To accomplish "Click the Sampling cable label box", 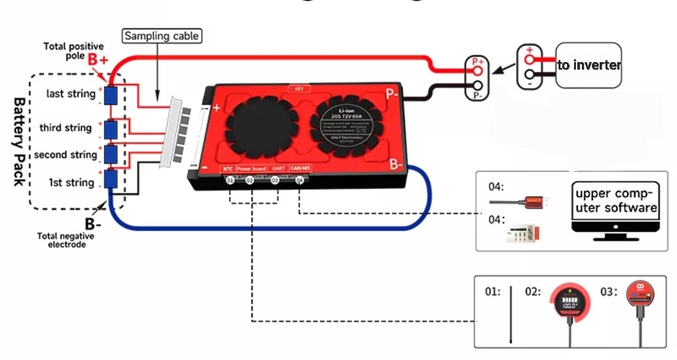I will [162, 36].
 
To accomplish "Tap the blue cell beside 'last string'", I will [110, 95].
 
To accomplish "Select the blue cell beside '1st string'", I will [110, 179].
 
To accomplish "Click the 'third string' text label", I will [65, 128].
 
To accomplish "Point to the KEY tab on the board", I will [299, 88].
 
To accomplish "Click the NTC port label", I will [228, 168].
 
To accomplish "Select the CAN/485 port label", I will [300, 168].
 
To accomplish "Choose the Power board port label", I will [252, 168].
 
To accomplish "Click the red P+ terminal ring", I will [478, 70].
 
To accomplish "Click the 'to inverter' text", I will [589, 65].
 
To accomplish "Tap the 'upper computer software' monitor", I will [615, 209].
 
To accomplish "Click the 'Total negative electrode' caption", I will [65, 240].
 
